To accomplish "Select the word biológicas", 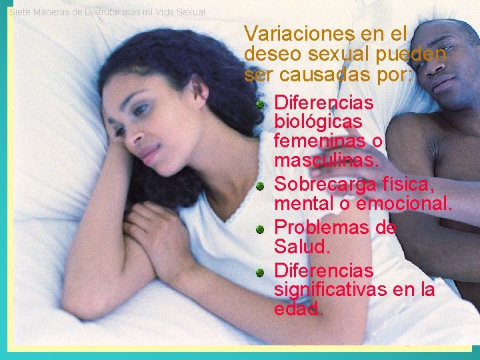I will click(318, 123).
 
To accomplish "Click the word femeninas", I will click(319, 141).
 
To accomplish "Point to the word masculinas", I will click(326, 161).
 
